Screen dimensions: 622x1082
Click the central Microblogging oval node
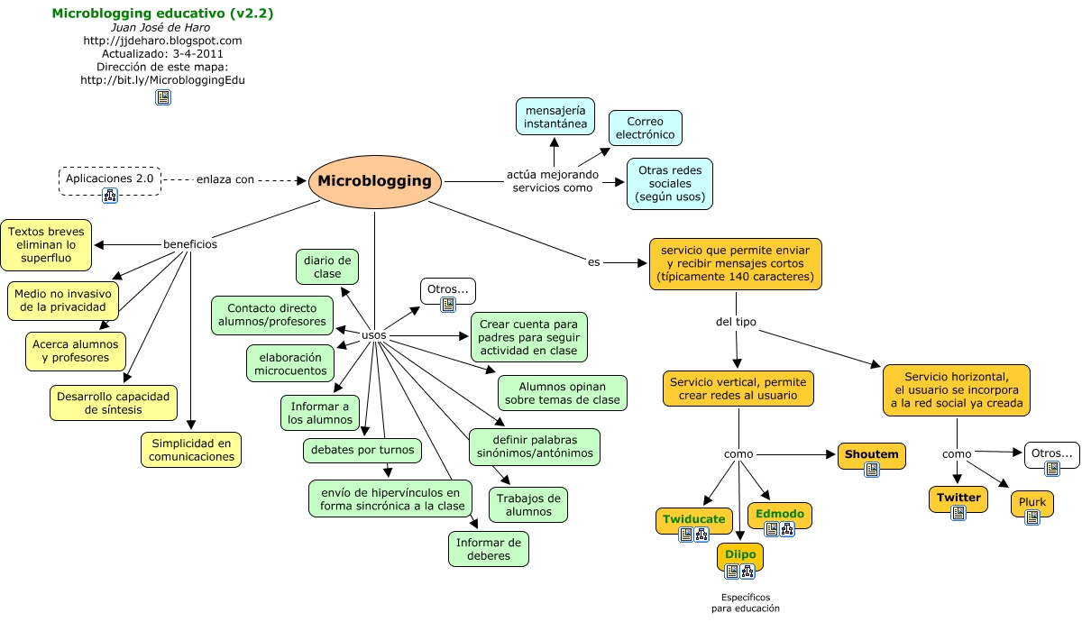374,181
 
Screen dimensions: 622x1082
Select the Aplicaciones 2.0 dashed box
109,179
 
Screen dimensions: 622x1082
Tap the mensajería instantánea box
555,116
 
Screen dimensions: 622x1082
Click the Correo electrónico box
645,128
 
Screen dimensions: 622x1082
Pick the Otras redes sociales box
669,183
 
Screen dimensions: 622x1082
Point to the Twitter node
958,498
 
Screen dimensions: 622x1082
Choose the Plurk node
1032,502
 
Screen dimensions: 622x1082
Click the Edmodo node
780,514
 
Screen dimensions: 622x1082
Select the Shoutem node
871,454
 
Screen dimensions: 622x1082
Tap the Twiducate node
693,519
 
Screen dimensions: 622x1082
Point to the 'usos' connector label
373,335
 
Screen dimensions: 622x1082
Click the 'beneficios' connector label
189,244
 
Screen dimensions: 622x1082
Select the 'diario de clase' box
327,266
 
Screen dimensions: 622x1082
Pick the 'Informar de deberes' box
488,549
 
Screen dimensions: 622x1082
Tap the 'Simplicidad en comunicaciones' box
190,449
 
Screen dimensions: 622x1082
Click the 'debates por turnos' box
362,449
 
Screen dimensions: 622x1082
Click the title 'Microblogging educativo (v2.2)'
162,14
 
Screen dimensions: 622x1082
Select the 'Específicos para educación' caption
745,603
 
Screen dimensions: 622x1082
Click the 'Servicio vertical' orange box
738,388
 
